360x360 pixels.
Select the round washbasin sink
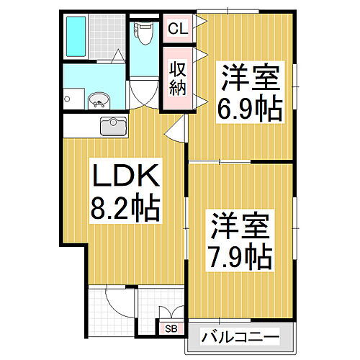click(x=99, y=100)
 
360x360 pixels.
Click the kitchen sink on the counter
click(x=113, y=127)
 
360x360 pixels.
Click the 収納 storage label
click(x=177, y=78)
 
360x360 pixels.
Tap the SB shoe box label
click(x=171, y=329)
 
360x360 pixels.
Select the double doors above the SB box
click(x=171, y=312)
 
